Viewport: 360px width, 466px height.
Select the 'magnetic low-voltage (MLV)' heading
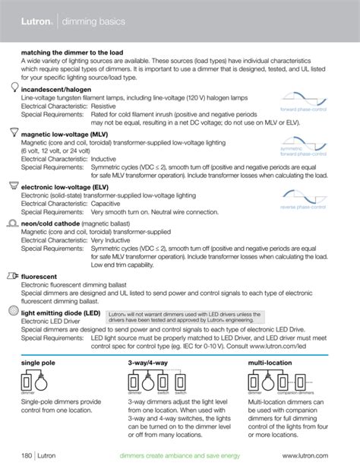(68, 132)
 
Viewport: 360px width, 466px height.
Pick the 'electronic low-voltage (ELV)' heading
(68, 185)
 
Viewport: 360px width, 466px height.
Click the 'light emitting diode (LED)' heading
(61, 312)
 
